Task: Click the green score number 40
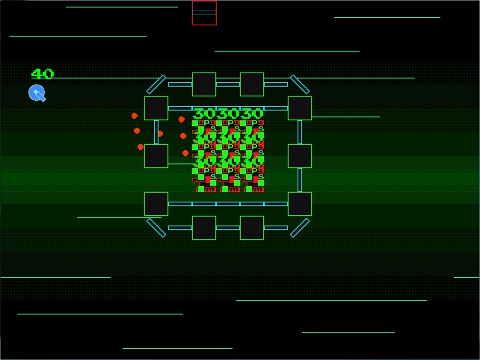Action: click(43, 74)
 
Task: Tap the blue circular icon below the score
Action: click(37, 93)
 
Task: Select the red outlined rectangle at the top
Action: click(204, 13)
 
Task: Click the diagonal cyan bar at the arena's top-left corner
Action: click(156, 84)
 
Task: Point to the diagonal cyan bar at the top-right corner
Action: click(299, 84)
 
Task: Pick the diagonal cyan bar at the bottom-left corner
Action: click(156, 228)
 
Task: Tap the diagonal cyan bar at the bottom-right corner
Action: click(299, 228)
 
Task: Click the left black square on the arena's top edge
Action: click(204, 84)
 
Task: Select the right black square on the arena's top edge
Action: click(252, 84)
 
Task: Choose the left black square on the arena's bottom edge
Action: click(204, 228)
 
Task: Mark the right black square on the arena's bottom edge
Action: click(252, 228)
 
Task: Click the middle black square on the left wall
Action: click(156, 156)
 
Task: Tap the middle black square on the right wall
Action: click(300, 156)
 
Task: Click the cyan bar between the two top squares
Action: click(228, 84)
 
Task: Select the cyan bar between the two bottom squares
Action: click(228, 228)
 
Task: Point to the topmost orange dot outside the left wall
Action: click(135, 116)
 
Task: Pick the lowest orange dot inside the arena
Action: click(185, 153)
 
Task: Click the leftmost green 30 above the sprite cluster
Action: click(204, 114)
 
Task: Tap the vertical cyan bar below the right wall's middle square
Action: click(300, 180)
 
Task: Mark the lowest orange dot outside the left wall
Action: click(141, 147)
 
